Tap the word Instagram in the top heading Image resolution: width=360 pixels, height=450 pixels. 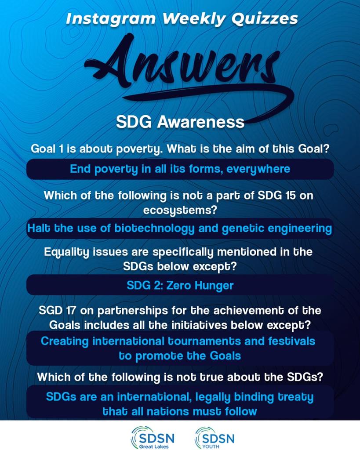pyautogui.click(x=110, y=19)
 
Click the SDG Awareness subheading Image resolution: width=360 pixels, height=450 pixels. pyautogui.click(x=180, y=122)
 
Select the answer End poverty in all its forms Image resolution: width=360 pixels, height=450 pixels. pyautogui.click(x=180, y=169)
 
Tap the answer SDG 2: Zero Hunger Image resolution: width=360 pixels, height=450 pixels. pyautogui.click(x=180, y=285)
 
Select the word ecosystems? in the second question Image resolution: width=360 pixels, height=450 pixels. pyautogui.click(x=180, y=210)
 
